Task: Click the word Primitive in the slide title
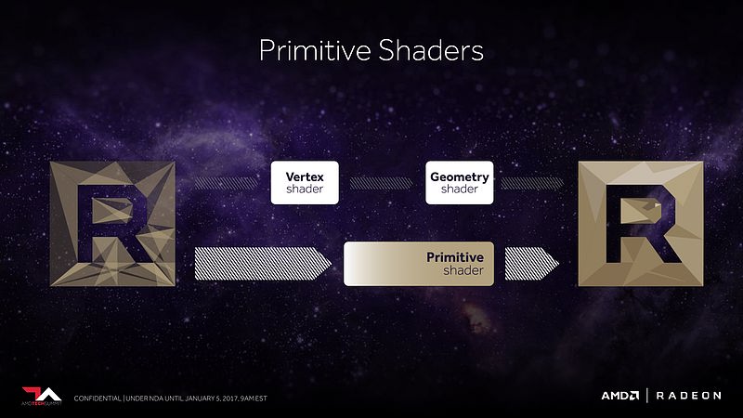(x=315, y=50)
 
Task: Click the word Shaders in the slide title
(x=431, y=50)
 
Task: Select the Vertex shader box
(x=305, y=182)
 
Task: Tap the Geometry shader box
(x=459, y=182)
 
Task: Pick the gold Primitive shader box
(x=419, y=264)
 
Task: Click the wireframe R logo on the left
(x=112, y=224)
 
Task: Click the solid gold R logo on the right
(x=641, y=224)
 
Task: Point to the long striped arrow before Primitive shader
(x=263, y=264)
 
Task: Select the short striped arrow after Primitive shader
(x=531, y=264)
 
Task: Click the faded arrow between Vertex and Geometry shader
(x=382, y=183)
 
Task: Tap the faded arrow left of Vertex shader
(x=227, y=183)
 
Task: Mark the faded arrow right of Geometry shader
(x=532, y=183)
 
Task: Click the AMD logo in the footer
(x=620, y=396)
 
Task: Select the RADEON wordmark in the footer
(x=688, y=396)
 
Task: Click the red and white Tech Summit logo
(x=42, y=397)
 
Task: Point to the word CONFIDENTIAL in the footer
(x=98, y=398)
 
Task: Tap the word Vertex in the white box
(x=305, y=176)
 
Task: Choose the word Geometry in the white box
(x=460, y=177)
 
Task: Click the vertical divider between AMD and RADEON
(x=647, y=396)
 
